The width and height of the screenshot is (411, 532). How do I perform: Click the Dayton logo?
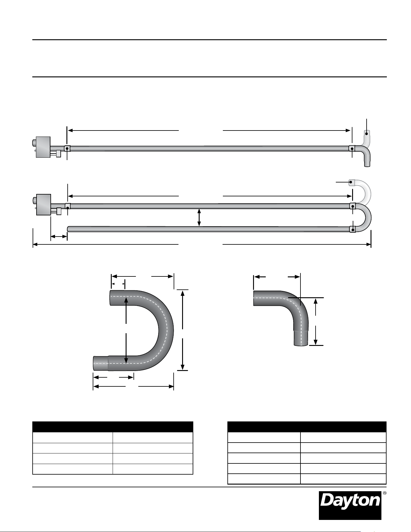click(350, 505)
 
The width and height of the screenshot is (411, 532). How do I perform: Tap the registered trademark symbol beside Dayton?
click(384, 493)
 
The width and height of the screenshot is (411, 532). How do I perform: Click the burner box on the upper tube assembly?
click(43, 147)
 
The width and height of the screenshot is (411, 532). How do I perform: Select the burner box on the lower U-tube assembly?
click(43, 205)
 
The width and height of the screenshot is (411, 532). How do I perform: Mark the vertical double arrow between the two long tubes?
click(199, 218)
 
